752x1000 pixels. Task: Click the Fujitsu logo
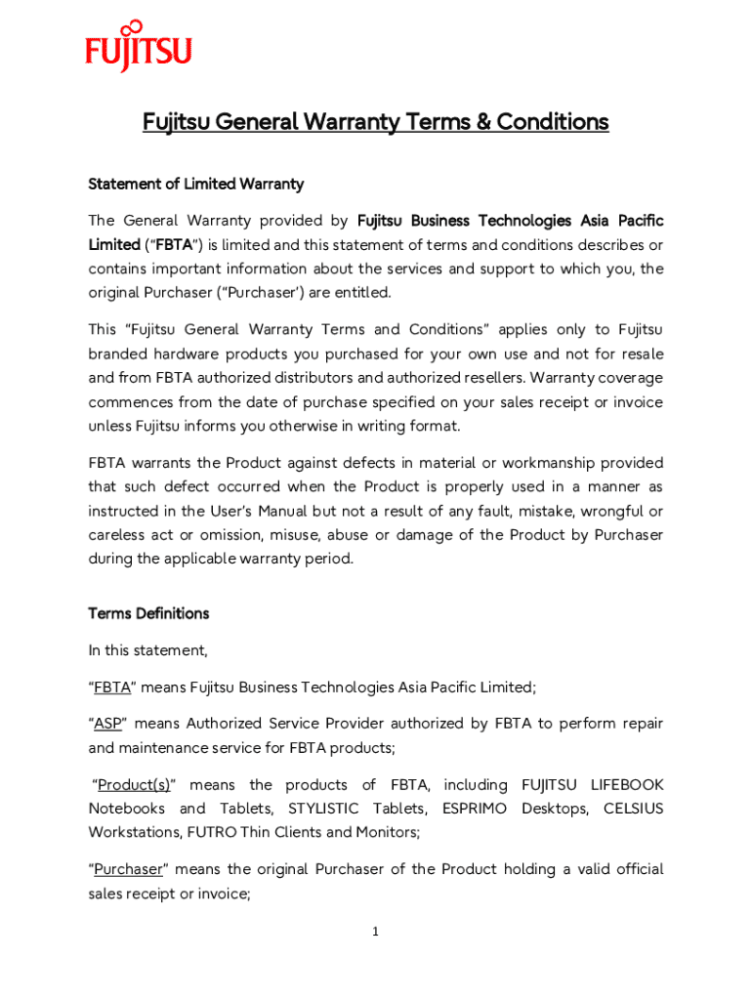tap(138, 47)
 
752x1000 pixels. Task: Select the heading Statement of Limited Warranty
tap(196, 184)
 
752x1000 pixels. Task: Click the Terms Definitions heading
tap(148, 613)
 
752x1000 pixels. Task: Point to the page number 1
tap(375, 932)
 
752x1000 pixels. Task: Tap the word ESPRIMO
tap(476, 809)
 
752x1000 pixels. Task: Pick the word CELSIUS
tap(633, 809)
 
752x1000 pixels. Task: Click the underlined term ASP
tap(107, 724)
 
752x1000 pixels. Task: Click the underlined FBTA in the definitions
tap(112, 687)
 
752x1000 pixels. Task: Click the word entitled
tap(361, 292)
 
